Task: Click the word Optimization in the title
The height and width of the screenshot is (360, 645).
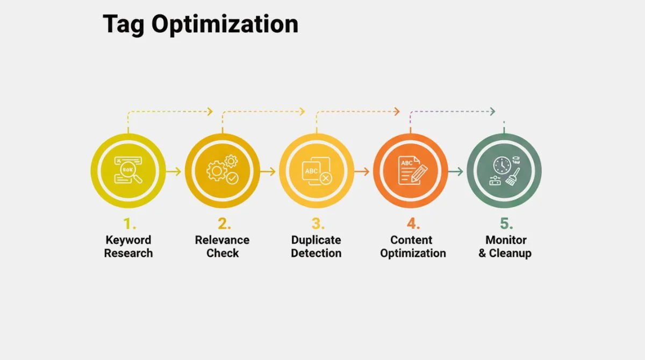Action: tap(224, 24)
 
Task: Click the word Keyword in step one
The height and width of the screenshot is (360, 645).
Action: tap(128, 240)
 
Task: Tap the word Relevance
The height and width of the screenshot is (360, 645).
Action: tap(222, 240)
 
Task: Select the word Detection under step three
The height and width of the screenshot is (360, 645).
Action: tap(316, 253)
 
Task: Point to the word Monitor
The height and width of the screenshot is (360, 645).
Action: tap(506, 240)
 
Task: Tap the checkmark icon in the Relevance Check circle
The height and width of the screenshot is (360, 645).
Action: tap(232, 177)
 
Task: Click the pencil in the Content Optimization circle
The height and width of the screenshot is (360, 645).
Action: tap(421, 172)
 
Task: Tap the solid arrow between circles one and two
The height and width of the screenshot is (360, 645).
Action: tap(174, 171)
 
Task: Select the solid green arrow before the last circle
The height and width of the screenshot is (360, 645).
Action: tap(456, 171)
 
